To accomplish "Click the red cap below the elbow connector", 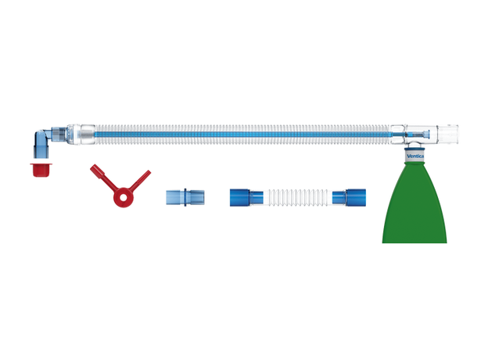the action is pyautogui.click(x=41, y=170).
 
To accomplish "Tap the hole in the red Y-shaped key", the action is pyautogui.click(x=123, y=197).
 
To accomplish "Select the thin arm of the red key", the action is pyautogui.click(x=140, y=180).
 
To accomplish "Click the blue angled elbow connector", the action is pyautogui.click(x=43, y=142).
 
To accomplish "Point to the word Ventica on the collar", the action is pyautogui.click(x=415, y=156).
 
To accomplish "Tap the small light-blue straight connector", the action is pyautogui.click(x=185, y=197).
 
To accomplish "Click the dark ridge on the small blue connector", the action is pyautogui.click(x=185, y=197).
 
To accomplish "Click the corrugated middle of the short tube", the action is pyautogui.click(x=297, y=197).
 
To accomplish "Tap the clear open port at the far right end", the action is pyautogui.click(x=448, y=134).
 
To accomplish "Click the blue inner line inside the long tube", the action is pyautogui.click(x=242, y=135).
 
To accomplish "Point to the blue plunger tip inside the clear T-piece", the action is pyautogui.click(x=428, y=135).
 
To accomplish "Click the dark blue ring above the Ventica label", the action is pyautogui.click(x=415, y=149).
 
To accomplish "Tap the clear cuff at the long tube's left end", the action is pyautogui.click(x=87, y=135).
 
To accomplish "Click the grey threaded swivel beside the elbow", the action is pyautogui.click(x=59, y=135).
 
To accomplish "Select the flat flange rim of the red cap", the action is pyautogui.click(x=41, y=164).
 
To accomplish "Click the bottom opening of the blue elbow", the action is pyautogui.click(x=41, y=157).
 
